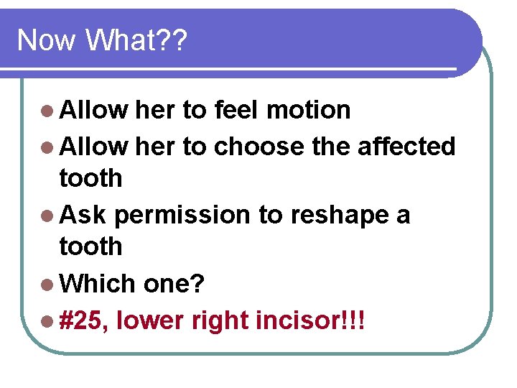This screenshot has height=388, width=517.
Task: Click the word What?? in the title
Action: pos(136,40)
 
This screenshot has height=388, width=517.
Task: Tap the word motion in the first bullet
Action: pos(308,111)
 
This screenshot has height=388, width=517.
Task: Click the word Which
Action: pos(98,284)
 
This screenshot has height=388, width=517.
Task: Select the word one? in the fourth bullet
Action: pos(174,285)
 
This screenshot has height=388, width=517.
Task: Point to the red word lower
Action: pos(149,319)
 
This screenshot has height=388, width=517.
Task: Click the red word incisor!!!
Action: pos(310,319)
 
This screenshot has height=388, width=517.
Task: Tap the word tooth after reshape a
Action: pos(90,246)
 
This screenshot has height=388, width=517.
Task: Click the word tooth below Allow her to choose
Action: pos(90,178)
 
